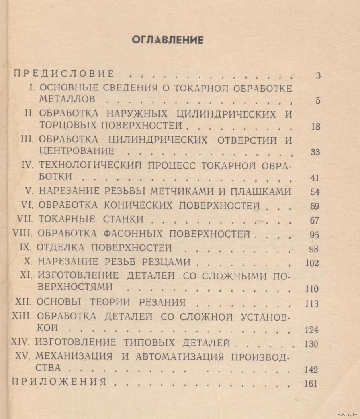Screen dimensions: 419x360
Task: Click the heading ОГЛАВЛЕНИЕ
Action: (167, 40)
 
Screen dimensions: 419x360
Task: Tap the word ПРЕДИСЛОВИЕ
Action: (64, 74)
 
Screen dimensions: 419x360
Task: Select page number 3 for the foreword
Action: (317, 75)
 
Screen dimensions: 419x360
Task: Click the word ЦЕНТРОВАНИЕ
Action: (76, 151)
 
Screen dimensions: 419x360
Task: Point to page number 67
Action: (315, 220)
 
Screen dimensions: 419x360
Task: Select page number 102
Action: (311, 263)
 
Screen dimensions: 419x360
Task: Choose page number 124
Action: (311, 330)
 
